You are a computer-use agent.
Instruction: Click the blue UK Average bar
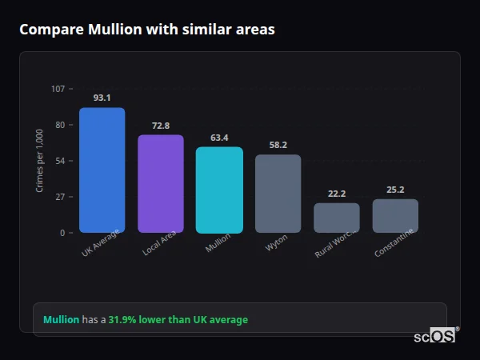(x=102, y=170)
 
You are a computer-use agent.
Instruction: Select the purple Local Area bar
(x=160, y=184)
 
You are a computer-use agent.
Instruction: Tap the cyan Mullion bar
(x=219, y=190)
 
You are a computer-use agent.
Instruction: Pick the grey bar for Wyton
(x=278, y=194)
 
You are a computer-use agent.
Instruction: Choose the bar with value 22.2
(x=336, y=218)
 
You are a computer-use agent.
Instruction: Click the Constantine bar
(x=395, y=216)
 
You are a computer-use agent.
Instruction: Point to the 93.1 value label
(x=102, y=98)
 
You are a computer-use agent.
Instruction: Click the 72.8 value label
(x=160, y=126)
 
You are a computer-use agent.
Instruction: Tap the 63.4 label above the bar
(x=219, y=138)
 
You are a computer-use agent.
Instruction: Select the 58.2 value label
(x=278, y=145)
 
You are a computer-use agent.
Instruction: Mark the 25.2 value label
(x=395, y=190)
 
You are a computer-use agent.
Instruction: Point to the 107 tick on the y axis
(x=58, y=89)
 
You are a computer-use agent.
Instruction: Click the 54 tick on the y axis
(x=61, y=161)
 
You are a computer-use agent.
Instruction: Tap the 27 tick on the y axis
(x=61, y=197)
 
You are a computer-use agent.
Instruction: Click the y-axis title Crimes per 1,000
(x=40, y=161)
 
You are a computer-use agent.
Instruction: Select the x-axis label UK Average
(x=101, y=244)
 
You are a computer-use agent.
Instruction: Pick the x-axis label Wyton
(x=277, y=243)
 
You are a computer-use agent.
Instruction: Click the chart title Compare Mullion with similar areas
(x=147, y=30)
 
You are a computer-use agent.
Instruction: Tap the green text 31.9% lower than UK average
(x=178, y=319)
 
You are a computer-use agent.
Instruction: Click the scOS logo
(x=435, y=336)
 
